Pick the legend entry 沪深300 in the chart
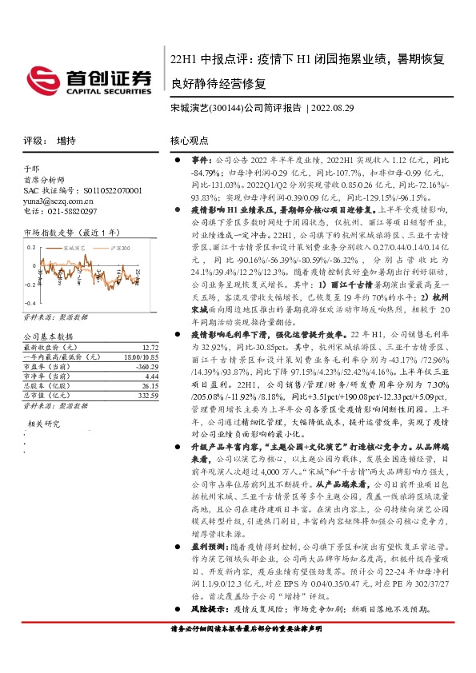120,249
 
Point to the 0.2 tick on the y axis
31,246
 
